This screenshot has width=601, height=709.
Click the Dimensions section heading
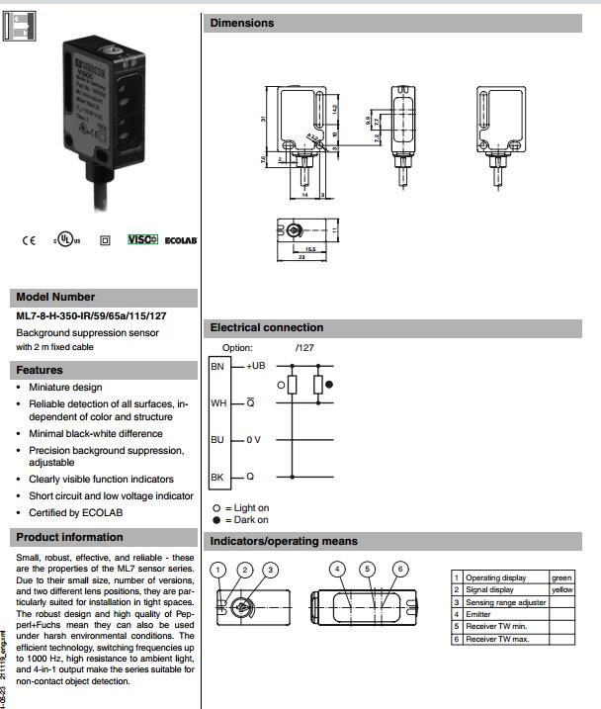click(x=242, y=23)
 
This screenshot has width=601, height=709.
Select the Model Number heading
click(x=55, y=297)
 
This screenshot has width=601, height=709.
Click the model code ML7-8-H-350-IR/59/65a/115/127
click(x=91, y=316)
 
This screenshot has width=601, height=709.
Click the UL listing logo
click(x=65, y=240)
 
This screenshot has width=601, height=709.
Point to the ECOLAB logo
click(x=180, y=240)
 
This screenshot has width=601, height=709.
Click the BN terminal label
click(x=218, y=367)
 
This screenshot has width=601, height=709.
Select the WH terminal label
click(x=218, y=403)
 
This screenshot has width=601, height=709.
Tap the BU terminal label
click(x=218, y=439)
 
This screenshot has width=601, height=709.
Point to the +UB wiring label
click(x=256, y=366)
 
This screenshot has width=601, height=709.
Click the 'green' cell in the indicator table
click(x=561, y=577)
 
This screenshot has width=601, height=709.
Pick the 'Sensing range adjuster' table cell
click(x=505, y=602)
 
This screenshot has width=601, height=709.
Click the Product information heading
click(x=69, y=537)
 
